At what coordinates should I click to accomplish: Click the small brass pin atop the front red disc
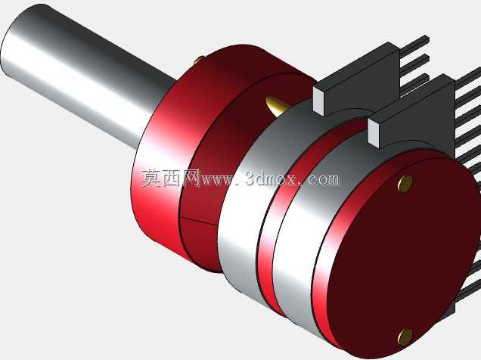[199, 60]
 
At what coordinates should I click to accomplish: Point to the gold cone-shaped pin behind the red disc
[276, 106]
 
